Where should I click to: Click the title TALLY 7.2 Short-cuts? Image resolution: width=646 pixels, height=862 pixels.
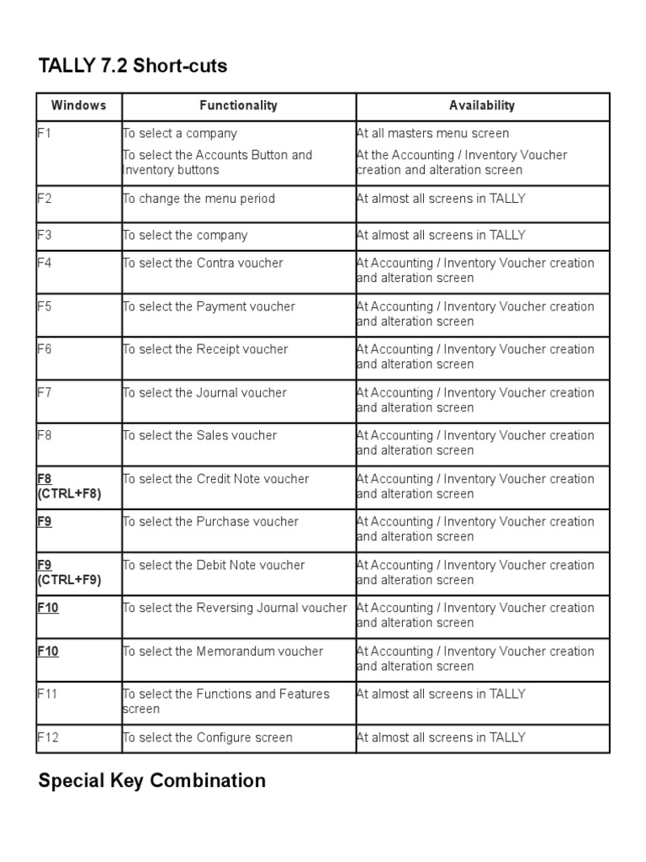[x=133, y=66]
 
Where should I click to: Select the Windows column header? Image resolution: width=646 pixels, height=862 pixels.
[x=78, y=106]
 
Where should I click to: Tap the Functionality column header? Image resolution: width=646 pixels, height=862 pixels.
[x=238, y=106]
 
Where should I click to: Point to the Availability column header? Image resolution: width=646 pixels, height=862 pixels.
[x=482, y=106]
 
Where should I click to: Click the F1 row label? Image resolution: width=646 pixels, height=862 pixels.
[x=45, y=133]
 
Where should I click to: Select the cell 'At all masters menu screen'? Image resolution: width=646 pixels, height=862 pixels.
[x=432, y=133]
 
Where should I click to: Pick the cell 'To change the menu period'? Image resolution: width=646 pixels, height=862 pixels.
[x=199, y=199]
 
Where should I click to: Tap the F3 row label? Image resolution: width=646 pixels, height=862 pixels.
[x=45, y=235]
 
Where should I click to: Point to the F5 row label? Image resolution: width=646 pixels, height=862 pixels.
[x=45, y=306]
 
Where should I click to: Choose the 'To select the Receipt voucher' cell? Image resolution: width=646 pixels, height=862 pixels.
[x=205, y=349]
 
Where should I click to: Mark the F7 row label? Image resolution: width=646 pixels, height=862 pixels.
[x=45, y=392]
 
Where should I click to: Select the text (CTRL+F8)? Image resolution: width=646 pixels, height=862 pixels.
[x=69, y=494]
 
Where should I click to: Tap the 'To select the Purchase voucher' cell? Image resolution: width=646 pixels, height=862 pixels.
[x=210, y=522]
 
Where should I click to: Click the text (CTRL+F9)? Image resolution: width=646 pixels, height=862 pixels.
[x=69, y=580]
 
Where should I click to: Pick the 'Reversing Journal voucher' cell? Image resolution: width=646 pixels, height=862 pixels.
[x=235, y=608]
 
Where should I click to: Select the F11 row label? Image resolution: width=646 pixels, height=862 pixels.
[x=47, y=694]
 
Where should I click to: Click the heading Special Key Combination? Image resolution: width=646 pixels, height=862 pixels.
[x=152, y=780]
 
